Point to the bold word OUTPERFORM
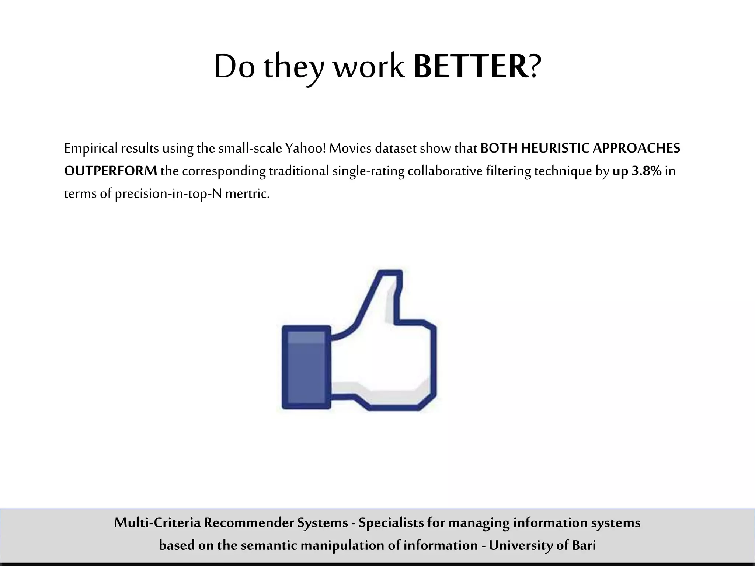[111, 171]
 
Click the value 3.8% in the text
[646, 171]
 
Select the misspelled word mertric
[247, 193]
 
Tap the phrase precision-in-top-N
[168, 193]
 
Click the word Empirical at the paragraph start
[91, 148]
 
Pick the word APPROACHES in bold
[636, 148]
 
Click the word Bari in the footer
[584, 545]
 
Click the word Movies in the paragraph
[350, 148]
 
